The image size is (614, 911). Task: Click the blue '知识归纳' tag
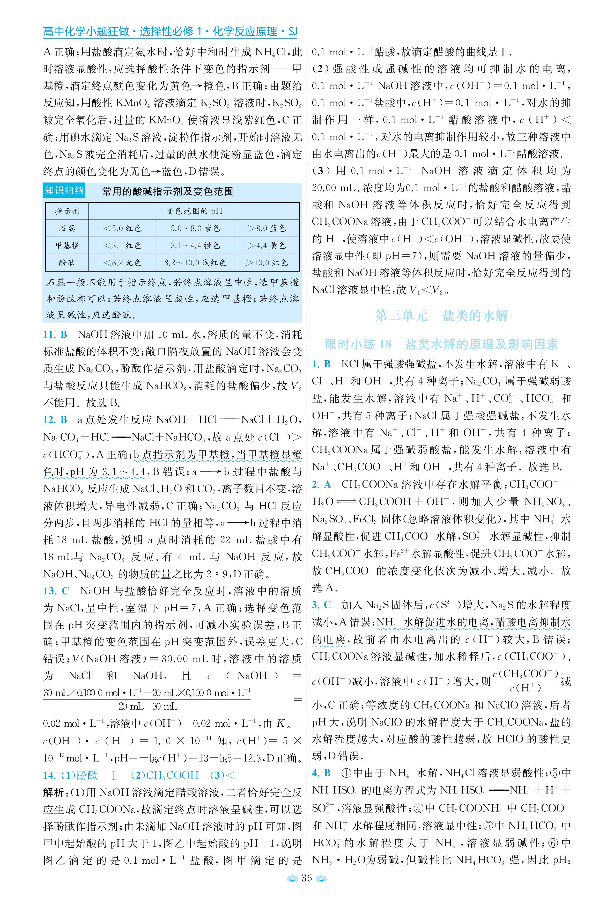coord(64,191)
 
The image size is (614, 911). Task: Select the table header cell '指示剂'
coord(67,211)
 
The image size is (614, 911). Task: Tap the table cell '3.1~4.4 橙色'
coord(195,246)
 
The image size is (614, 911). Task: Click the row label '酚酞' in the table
coord(67,263)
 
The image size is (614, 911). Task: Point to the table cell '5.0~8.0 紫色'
coord(195,228)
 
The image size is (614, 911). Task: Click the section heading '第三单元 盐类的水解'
coord(441,316)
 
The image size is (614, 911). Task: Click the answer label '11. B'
coord(55,335)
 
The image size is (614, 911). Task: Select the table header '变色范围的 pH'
coord(194,211)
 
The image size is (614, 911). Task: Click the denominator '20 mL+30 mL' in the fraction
coord(148,706)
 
